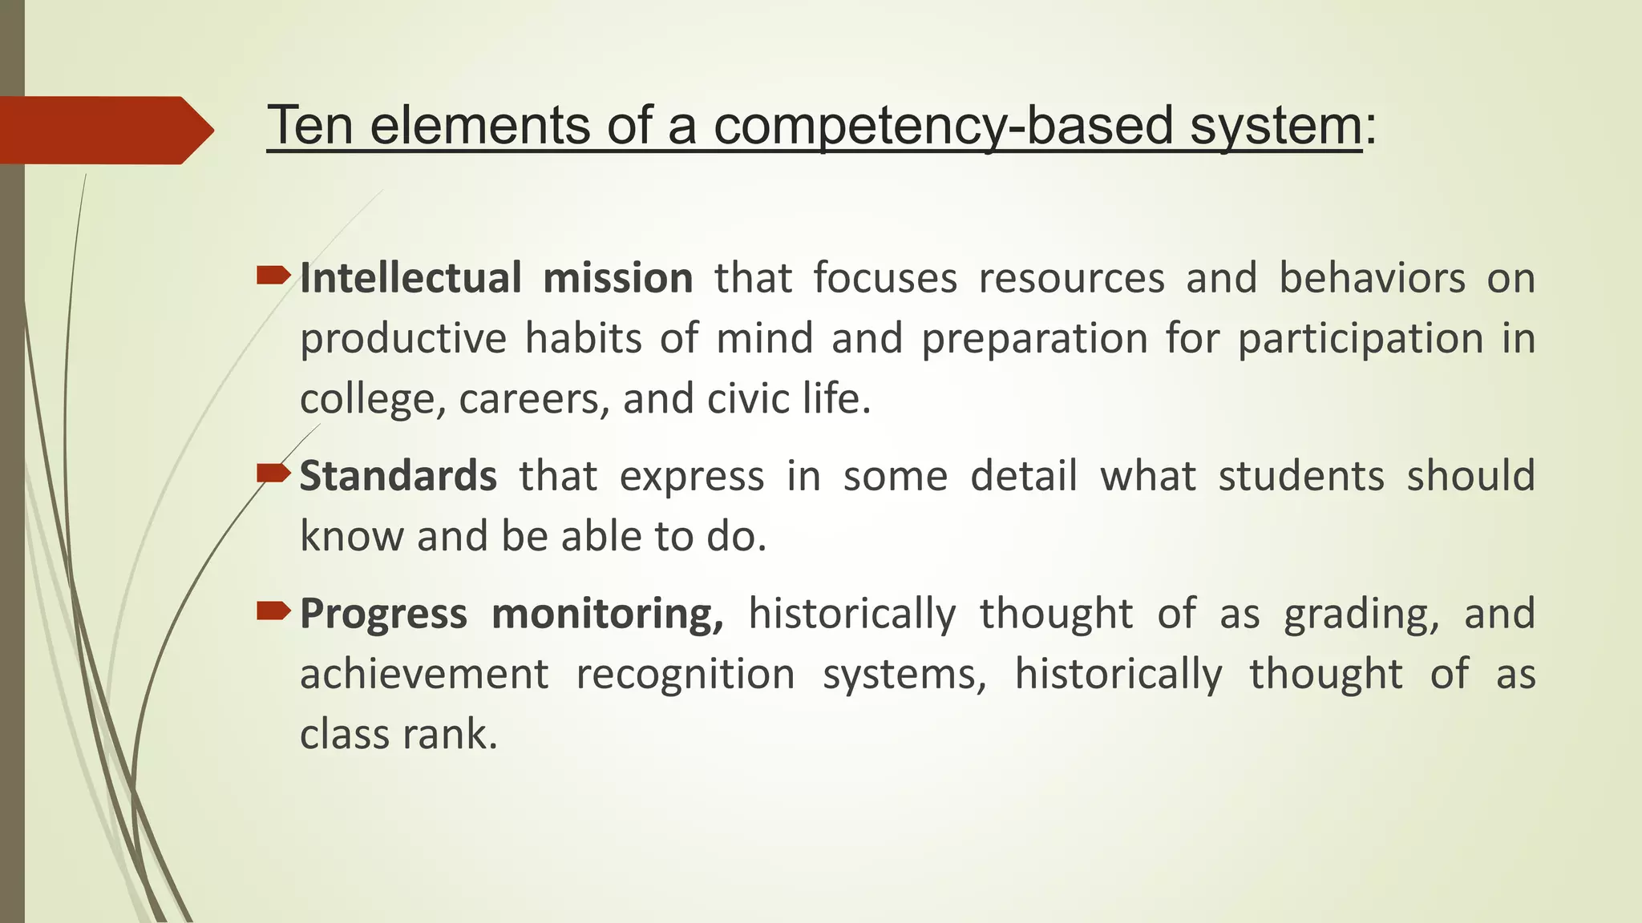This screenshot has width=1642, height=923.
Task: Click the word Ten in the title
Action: tap(309, 126)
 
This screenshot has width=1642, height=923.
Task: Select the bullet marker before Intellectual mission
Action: tap(273, 277)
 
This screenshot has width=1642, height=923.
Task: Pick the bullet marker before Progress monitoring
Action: tap(273, 612)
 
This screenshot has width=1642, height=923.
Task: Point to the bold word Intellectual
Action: tap(410, 278)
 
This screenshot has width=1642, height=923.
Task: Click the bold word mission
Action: tap(617, 278)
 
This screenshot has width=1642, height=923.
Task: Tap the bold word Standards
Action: tap(398, 476)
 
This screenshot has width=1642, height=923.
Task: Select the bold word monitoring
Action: tap(608, 615)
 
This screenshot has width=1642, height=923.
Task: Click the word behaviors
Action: tap(1372, 278)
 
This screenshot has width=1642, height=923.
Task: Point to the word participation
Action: tap(1361, 339)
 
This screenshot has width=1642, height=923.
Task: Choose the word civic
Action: tap(748, 398)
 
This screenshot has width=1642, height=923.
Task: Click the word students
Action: tap(1301, 476)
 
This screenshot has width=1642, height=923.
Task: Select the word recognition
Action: tap(686, 674)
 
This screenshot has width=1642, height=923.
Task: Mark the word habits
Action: tap(583, 338)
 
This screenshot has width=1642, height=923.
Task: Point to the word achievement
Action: tap(424, 674)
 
